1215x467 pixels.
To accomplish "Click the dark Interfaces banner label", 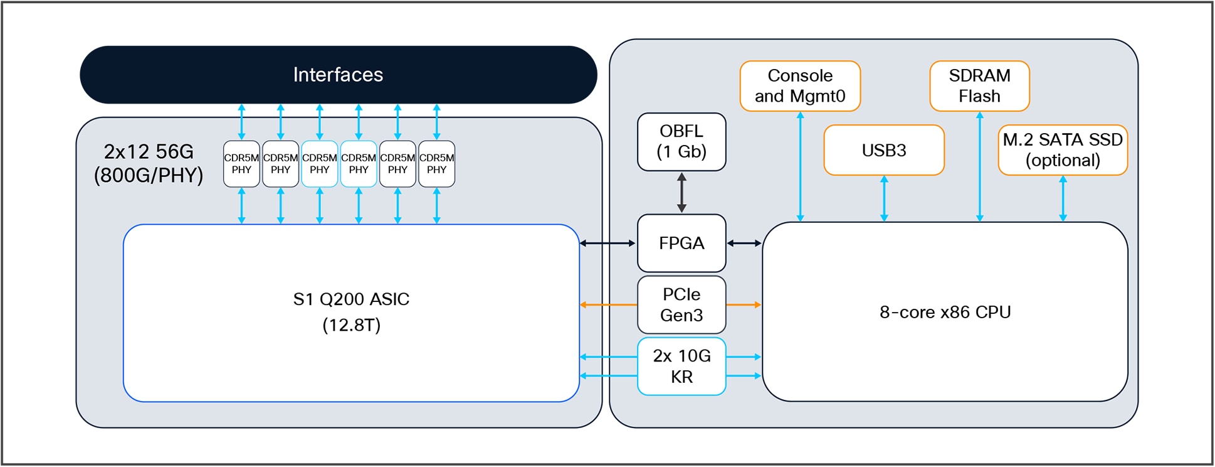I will point(338,75).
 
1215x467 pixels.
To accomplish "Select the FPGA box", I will point(681,243).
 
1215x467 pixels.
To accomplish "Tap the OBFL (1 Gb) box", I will point(681,142).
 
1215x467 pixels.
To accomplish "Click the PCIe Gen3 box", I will point(681,305).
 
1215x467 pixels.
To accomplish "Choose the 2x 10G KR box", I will point(681,367).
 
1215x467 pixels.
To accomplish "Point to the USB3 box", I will point(883,150).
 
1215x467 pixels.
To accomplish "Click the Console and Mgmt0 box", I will point(800,86).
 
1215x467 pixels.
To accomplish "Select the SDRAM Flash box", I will point(979,86).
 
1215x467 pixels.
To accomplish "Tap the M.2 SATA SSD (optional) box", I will point(1063,150).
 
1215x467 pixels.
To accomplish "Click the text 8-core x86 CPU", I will point(945,312).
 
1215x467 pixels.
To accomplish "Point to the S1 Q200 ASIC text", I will point(351,299).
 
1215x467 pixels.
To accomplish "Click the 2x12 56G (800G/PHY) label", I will point(149,163).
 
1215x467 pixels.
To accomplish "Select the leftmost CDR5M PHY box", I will point(241,164).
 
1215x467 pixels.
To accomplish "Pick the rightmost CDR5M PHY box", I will point(436,164).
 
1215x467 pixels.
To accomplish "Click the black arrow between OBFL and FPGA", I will point(681,193).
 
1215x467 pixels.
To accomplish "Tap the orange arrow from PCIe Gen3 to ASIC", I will point(608,305).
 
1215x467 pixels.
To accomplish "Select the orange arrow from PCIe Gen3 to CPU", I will point(744,305).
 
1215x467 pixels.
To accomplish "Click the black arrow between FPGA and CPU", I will point(744,243).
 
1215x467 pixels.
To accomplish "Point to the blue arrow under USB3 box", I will point(884,198).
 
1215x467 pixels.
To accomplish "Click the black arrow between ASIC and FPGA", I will point(607,243).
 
